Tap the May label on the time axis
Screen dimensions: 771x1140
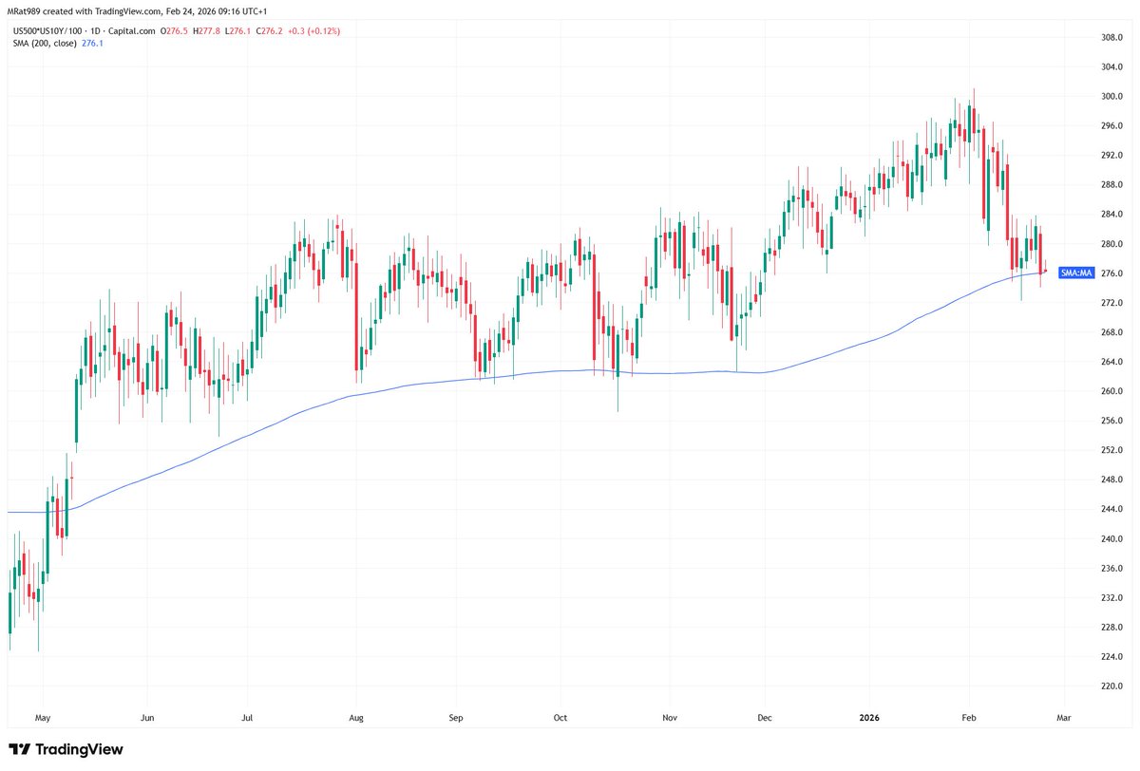click(41, 719)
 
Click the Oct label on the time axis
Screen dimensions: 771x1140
click(560, 719)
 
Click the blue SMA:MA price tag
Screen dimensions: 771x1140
click(1077, 273)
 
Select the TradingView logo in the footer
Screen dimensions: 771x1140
click(66, 749)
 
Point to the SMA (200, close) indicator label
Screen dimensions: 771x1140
click(43, 44)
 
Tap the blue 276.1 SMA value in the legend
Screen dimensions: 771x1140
click(93, 44)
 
